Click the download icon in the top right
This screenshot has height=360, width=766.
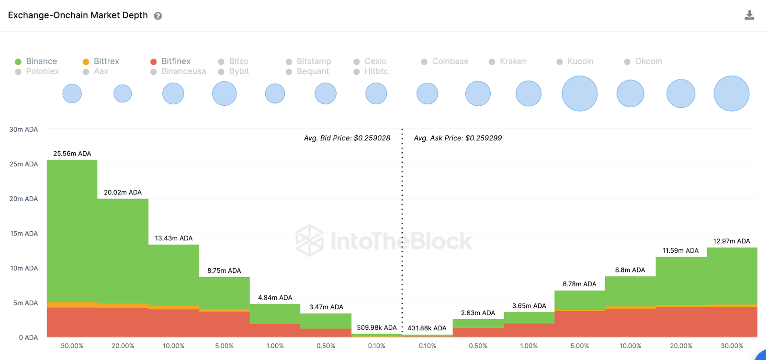749,15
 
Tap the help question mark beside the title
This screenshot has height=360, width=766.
158,16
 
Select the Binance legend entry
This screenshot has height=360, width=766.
36,61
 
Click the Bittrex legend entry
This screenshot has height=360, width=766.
101,61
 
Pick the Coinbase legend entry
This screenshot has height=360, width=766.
445,61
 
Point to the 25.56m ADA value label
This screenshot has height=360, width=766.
72,154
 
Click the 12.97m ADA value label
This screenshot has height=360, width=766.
732,241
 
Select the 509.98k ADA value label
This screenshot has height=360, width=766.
377,328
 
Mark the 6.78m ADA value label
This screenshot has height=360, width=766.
579,284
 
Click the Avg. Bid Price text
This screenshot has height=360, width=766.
347,138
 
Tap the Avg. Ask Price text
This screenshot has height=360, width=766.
458,138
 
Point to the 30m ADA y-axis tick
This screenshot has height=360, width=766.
23,129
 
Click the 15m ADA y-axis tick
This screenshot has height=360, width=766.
24,234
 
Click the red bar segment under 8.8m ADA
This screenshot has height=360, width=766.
630,323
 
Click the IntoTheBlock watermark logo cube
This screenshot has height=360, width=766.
309,240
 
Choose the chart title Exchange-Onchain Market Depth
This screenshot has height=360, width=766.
78,15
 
